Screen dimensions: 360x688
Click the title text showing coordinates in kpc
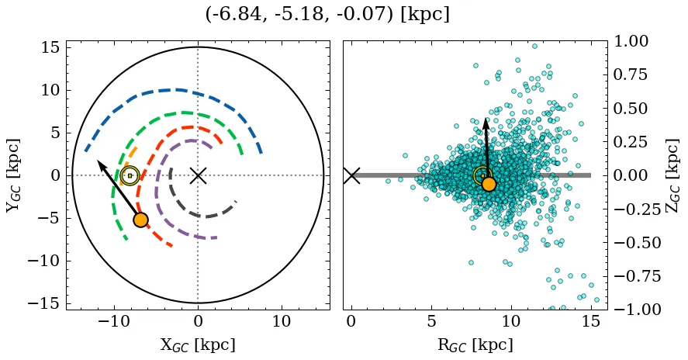327,15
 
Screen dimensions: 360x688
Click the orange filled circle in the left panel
140,220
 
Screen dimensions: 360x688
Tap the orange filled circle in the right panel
489,184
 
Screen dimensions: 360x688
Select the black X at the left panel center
198,175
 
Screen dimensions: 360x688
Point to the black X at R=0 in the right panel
351,175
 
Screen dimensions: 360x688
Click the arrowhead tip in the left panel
98,161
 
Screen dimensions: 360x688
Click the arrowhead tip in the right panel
486,119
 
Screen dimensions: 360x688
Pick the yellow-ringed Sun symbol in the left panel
130,176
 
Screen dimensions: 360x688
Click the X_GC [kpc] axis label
198,344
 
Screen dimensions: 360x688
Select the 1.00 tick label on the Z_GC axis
635,41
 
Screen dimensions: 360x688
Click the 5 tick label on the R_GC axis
431,321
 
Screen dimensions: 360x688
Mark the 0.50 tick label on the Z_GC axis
635,109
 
